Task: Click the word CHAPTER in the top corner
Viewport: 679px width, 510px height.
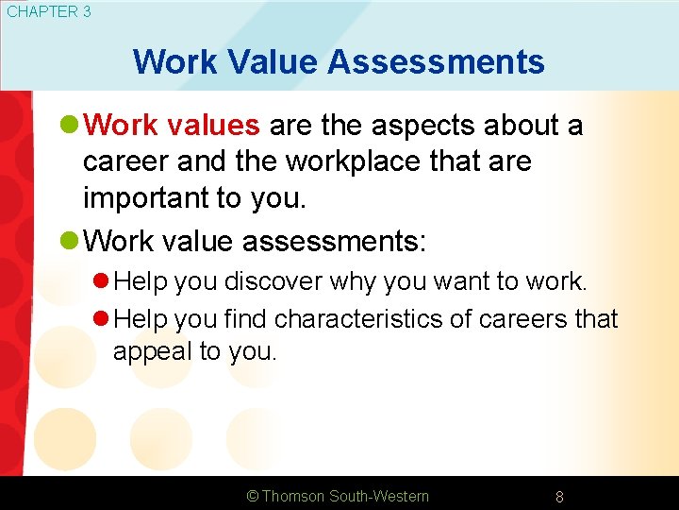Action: tap(38, 12)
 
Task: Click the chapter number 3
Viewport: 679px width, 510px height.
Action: tap(86, 12)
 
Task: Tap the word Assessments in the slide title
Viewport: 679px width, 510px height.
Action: tap(436, 62)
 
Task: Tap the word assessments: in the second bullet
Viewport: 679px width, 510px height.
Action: tap(335, 241)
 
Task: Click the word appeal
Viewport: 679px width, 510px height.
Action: tap(153, 352)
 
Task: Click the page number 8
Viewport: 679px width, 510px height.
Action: tap(559, 497)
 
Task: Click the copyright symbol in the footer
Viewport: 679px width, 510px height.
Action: tap(252, 496)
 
